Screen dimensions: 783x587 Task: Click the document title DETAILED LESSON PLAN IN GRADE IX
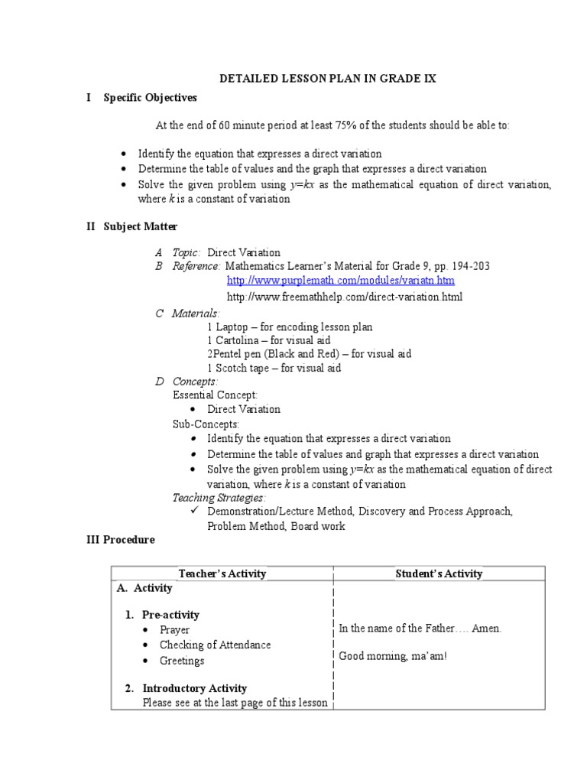tap(328, 79)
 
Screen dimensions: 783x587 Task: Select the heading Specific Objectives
tap(150, 98)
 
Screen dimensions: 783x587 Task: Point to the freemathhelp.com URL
tap(345, 297)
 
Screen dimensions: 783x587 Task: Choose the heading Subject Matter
tap(141, 226)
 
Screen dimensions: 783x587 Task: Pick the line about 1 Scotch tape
tap(274, 368)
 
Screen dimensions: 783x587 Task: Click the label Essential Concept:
tap(215, 395)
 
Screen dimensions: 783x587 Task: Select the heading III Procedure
tap(120, 540)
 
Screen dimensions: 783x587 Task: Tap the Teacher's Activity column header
tap(222, 573)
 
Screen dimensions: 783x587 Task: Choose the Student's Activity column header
tap(439, 573)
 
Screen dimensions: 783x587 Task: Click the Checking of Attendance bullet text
tap(215, 645)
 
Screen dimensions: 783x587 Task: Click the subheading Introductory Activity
tap(194, 688)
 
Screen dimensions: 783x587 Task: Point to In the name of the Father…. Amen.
tap(420, 629)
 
